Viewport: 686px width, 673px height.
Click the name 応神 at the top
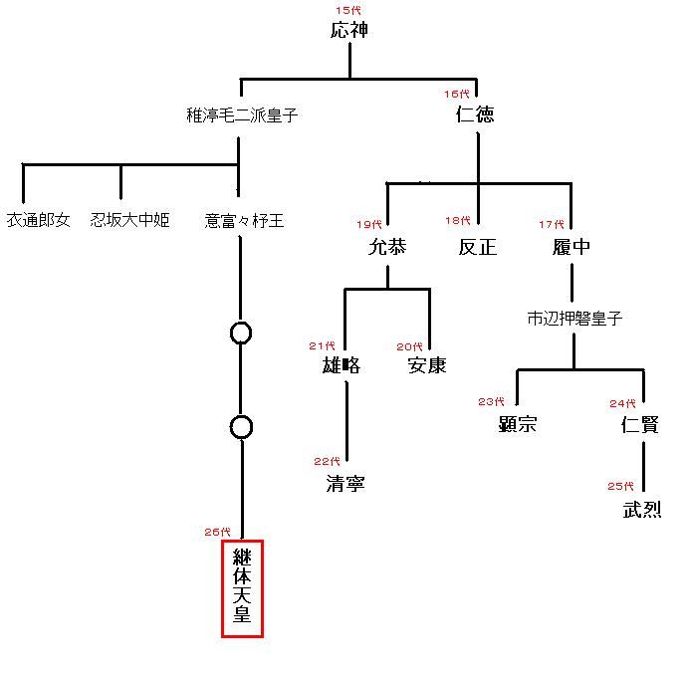click(x=349, y=30)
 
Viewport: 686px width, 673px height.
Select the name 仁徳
click(x=475, y=114)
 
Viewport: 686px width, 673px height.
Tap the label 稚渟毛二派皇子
click(x=242, y=115)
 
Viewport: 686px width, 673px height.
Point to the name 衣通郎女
click(x=39, y=220)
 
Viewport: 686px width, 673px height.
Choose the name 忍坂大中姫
click(x=130, y=220)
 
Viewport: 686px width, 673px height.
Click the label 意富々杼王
click(x=244, y=221)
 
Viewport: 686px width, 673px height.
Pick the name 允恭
click(x=387, y=247)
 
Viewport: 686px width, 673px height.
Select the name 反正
click(x=478, y=247)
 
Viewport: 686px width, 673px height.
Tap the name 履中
click(x=572, y=247)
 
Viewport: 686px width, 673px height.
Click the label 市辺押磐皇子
click(x=574, y=319)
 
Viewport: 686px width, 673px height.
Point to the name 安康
click(x=427, y=365)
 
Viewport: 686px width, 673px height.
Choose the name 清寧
click(x=345, y=484)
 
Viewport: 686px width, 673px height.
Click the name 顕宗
click(x=518, y=424)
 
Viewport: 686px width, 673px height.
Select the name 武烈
click(x=642, y=510)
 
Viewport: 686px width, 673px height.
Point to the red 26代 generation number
click(x=217, y=532)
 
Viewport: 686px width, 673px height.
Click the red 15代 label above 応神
click(x=348, y=11)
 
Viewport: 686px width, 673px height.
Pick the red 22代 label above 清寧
click(x=327, y=461)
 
